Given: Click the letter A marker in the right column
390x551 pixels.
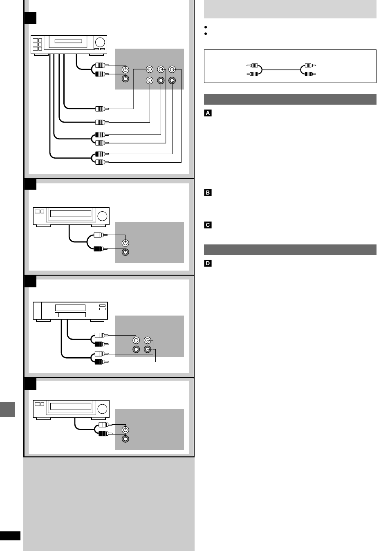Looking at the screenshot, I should [208, 113].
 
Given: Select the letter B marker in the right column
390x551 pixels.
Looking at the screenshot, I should [208, 193].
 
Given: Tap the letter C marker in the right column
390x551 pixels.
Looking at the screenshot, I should [208, 225].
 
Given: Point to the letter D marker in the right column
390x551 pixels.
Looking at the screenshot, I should [208, 263].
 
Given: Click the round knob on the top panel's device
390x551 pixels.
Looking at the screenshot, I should [100, 42].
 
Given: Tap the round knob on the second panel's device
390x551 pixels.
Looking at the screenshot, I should [103, 216].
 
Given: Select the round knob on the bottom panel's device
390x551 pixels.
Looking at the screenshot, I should [103, 408].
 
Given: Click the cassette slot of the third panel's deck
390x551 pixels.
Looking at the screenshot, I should [70, 314].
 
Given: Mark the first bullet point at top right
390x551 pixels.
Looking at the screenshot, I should [206, 27].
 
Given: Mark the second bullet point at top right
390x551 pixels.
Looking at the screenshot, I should [206, 34].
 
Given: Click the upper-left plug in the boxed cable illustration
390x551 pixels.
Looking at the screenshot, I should [253, 65].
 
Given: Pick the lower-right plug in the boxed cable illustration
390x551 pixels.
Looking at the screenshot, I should [309, 74].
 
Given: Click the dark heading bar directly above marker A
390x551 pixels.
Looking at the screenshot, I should [290, 99].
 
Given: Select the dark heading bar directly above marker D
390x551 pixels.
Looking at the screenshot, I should [290, 250].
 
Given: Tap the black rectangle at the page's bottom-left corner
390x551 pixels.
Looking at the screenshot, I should [10, 536].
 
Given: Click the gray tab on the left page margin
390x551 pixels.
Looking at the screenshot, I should [7, 409].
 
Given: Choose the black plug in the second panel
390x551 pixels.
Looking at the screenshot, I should [99, 249].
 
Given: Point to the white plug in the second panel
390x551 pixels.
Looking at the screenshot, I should [99, 235].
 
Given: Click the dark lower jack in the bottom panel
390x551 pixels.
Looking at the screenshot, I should [126, 439].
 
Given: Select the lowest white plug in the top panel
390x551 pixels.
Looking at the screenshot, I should [100, 162].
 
